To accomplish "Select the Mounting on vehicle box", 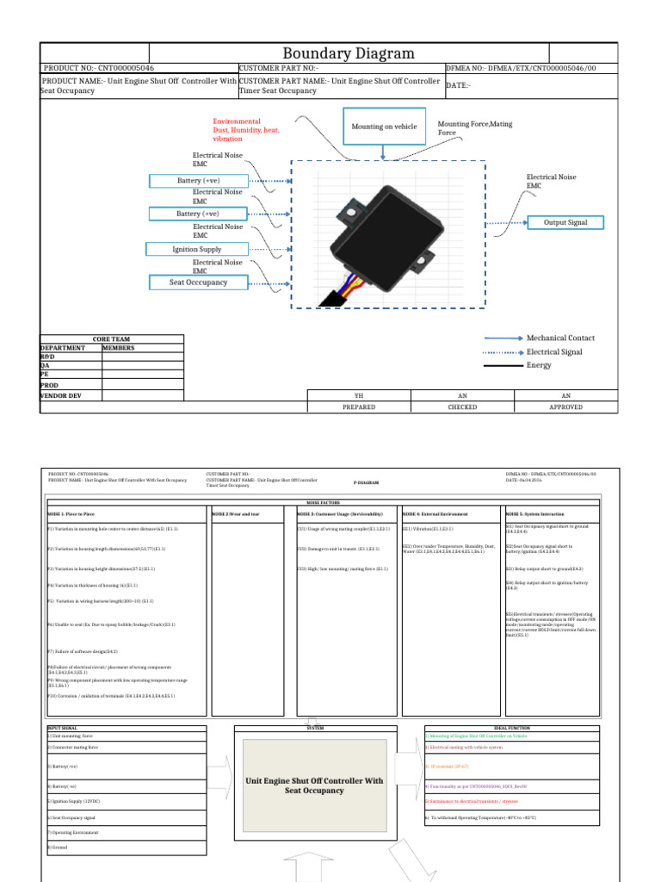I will tap(384, 127).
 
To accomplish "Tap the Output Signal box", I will tap(565, 222).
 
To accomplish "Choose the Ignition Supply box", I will tap(198, 250).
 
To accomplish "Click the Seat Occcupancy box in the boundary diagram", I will tap(199, 282).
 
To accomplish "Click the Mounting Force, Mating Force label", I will tap(474, 128).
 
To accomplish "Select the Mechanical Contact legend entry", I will tap(560, 339).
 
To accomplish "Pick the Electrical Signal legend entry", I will tap(554, 352).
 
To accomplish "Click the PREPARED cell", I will tap(359, 407).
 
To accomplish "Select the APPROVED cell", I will tap(565, 407).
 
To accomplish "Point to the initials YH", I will tap(359, 395).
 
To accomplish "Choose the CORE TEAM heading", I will tap(111, 339).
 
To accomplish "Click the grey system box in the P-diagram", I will tap(314, 786).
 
